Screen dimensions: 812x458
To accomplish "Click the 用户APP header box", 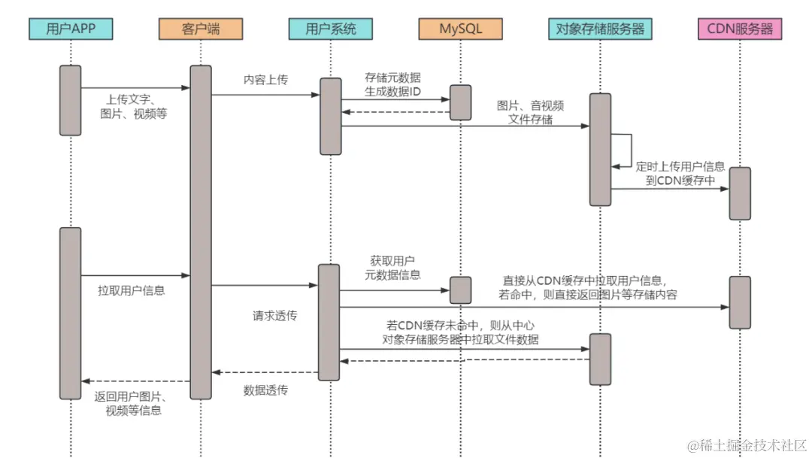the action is pyautogui.click(x=71, y=29).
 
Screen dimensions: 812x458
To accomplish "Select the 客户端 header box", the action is pyautogui.click(x=201, y=29).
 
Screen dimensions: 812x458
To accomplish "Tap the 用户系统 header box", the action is pyautogui.click(x=330, y=29).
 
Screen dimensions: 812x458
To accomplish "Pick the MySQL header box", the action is pyautogui.click(x=460, y=29).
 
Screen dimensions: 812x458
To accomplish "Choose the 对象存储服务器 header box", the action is pyautogui.click(x=600, y=29).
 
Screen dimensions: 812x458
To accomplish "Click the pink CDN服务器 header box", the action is pyautogui.click(x=740, y=29).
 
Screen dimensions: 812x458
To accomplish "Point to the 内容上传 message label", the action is pyautogui.click(x=265, y=80).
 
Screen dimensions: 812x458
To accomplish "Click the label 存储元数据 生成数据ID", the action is pyautogui.click(x=392, y=84).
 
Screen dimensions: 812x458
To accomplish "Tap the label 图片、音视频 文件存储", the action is pyautogui.click(x=530, y=112).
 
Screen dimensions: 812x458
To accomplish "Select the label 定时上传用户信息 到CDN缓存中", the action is pyautogui.click(x=680, y=174).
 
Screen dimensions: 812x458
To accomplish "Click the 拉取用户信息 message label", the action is pyautogui.click(x=132, y=290).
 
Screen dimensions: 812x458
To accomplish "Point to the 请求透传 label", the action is pyautogui.click(x=275, y=316).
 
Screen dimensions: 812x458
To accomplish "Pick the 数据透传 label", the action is pyautogui.click(x=265, y=390).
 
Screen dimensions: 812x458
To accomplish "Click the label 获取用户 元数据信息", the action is pyautogui.click(x=392, y=268).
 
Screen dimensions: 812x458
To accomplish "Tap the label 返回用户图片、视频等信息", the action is pyautogui.click(x=132, y=404).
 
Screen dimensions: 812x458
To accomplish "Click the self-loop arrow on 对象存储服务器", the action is pyautogui.click(x=632, y=150).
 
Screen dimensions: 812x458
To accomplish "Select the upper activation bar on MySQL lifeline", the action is pyautogui.click(x=460, y=102).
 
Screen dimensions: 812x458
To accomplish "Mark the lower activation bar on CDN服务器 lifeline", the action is pyautogui.click(x=740, y=302).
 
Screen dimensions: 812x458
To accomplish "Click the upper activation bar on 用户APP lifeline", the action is pyautogui.click(x=71, y=101).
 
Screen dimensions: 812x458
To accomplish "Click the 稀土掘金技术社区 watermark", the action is pyautogui.click(x=747, y=445).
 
